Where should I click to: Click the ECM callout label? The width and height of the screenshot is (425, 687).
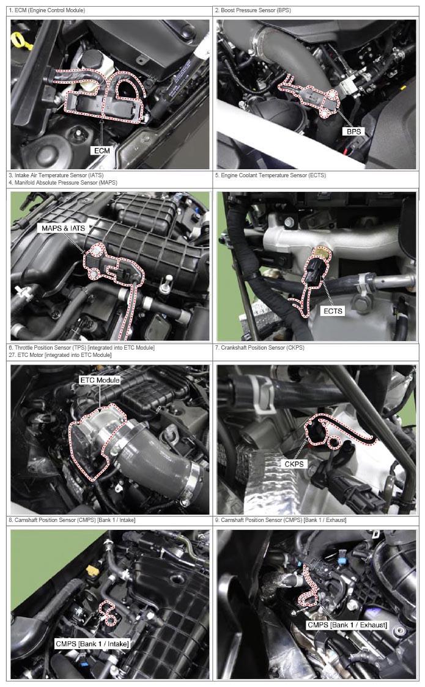click(x=102, y=150)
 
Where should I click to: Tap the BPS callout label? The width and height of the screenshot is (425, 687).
click(x=353, y=131)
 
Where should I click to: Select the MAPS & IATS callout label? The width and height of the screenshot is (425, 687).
click(x=63, y=228)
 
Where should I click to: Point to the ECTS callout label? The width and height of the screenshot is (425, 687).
click(x=333, y=310)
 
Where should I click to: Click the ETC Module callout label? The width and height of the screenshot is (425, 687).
click(x=100, y=380)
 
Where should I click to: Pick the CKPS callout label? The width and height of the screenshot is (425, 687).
click(x=294, y=463)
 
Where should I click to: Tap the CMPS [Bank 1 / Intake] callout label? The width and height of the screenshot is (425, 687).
click(x=92, y=644)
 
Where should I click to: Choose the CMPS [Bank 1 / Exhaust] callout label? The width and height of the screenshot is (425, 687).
click(x=347, y=625)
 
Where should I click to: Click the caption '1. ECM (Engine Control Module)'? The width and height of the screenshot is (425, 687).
click(x=47, y=10)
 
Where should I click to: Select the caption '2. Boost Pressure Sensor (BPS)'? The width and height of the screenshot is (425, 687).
click(x=253, y=10)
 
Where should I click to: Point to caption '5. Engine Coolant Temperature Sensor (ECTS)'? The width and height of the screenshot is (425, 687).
click(x=270, y=175)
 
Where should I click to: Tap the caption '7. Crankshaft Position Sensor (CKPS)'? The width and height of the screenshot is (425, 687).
click(x=259, y=347)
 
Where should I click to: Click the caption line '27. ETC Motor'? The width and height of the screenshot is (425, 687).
click(x=60, y=355)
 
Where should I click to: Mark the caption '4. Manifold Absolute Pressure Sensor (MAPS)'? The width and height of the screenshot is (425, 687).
click(x=63, y=182)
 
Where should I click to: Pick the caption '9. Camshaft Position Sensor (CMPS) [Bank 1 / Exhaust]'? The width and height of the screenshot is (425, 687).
click(x=281, y=520)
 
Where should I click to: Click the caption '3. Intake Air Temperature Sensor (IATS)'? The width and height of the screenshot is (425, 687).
click(x=56, y=175)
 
